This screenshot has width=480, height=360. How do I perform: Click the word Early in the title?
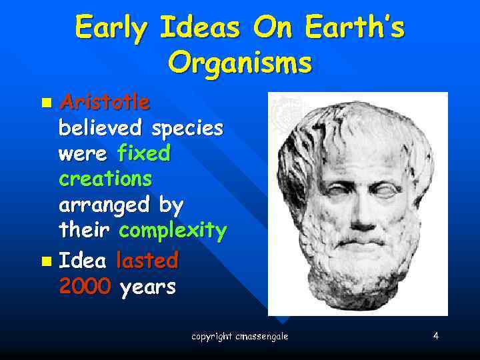(x=111, y=27)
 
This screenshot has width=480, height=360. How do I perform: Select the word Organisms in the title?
(x=239, y=63)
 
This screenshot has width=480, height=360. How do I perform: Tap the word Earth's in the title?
(x=354, y=27)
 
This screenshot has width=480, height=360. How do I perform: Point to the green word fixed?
(x=143, y=153)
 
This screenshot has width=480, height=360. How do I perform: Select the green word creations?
(x=105, y=179)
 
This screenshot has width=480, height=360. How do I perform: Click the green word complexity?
(x=173, y=231)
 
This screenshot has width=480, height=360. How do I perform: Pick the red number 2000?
(x=85, y=287)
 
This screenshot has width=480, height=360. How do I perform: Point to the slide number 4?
(x=435, y=336)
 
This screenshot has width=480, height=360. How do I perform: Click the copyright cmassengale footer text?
(x=239, y=337)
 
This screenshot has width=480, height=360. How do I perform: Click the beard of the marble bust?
(x=357, y=267)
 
